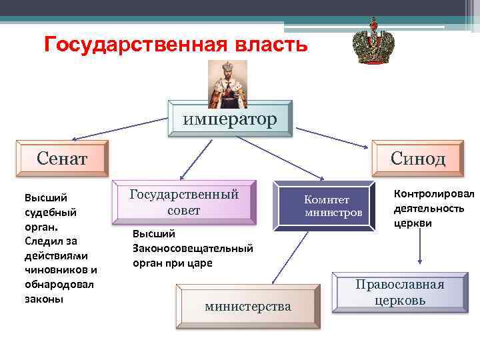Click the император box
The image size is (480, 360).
click(x=229, y=119)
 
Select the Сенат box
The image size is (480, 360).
click(x=61, y=159)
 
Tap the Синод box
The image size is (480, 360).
click(x=418, y=159)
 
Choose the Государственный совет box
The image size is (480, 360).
click(x=184, y=201)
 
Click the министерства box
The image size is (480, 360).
click(x=247, y=306)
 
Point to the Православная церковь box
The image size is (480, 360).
click(x=399, y=293)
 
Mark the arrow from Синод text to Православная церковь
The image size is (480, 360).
click(x=418, y=250)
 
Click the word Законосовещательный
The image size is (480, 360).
click(x=193, y=248)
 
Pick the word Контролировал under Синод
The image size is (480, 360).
click(x=434, y=194)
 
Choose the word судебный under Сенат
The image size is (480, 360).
click(x=51, y=212)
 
